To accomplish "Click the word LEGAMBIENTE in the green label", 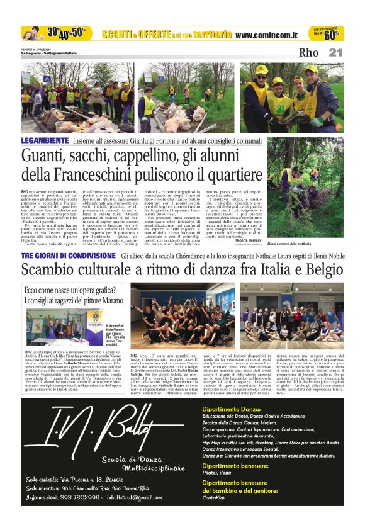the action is (44, 140).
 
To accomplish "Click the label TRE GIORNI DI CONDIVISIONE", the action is (68, 257).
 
